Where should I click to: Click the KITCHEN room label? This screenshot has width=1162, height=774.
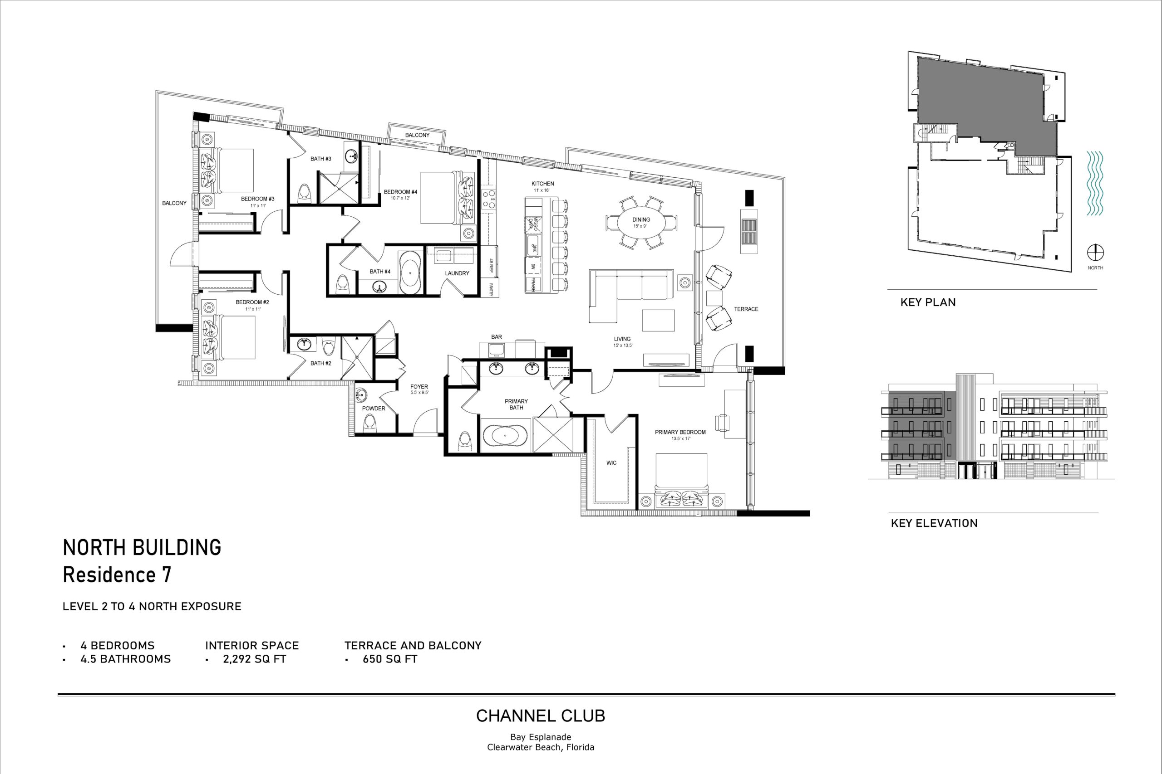[542, 184]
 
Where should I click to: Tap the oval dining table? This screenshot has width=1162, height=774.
[641, 222]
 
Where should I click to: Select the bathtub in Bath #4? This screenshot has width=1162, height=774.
[410, 272]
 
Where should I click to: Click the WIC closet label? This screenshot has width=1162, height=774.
[611, 463]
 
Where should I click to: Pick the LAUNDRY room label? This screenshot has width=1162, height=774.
[457, 273]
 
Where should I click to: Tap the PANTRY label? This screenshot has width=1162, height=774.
[492, 289]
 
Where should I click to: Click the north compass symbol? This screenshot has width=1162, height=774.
[1095, 253]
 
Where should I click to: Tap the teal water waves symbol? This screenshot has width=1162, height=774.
[1095, 184]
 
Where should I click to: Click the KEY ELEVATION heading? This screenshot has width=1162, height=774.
[934, 523]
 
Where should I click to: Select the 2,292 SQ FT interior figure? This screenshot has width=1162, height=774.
[255, 659]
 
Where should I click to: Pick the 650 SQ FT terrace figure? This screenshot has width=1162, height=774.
[390, 659]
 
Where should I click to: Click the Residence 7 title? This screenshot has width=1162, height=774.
[117, 575]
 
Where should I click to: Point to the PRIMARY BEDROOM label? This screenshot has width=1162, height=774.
[680, 433]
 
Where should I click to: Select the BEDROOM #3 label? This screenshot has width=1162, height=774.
[257, 199]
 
